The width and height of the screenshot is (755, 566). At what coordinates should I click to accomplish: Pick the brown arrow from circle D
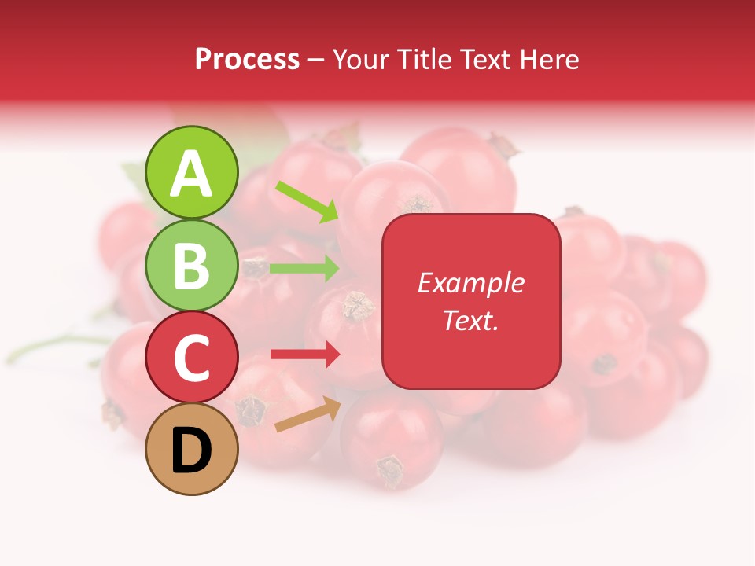coord(308,414)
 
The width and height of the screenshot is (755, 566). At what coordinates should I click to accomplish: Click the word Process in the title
coord(247,59)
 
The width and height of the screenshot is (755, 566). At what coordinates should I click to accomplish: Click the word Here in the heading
coord(551,59)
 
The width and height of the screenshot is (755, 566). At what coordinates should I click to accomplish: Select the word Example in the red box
coord(470,283)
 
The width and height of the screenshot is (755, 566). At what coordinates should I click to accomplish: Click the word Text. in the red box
coord(470,320)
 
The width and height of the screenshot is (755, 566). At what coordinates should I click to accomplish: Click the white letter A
coord(192,174)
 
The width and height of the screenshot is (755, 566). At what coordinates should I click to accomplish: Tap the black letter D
coord(192,451)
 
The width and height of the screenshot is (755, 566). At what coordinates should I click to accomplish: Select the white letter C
coord(192,358)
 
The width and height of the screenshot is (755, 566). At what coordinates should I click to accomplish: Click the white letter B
coord(192,266)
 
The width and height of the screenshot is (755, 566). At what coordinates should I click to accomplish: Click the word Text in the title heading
coord(481,59)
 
